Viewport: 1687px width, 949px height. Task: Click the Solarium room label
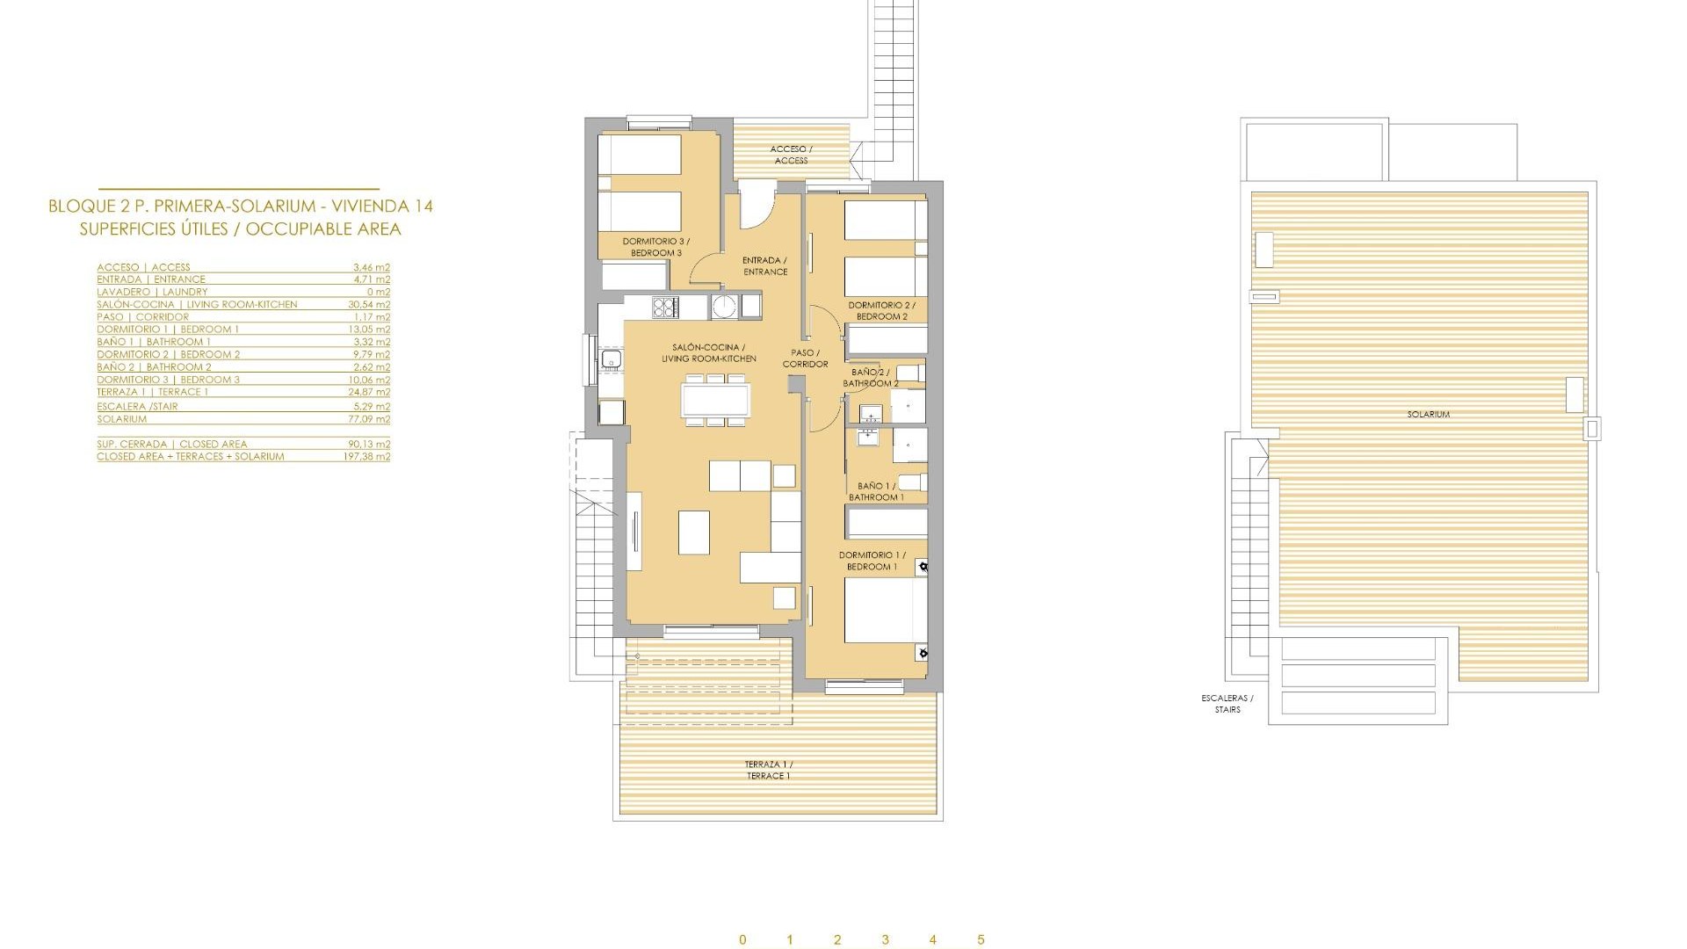coord(1428,414)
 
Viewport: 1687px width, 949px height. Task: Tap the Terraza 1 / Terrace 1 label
coord(769,771)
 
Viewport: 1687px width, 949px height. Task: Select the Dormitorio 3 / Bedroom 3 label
coord(656,247)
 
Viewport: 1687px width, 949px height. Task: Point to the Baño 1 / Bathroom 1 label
coord(876,491)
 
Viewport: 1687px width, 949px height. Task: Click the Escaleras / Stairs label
coord(1227,704)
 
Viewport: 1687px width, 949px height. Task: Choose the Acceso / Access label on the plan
coord(791,155)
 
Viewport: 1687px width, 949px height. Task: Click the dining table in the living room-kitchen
coord(716,401)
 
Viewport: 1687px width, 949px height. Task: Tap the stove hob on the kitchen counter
coord(665,307)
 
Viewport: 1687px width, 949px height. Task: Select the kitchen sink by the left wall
coord(612,359)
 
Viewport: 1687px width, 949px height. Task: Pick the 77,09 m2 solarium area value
coord(369,420)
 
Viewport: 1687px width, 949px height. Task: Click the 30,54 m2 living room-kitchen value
coord(369,305)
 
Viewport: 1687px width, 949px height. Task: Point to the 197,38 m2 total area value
coord(366,457)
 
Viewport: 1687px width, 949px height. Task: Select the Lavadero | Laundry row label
coord(152,293)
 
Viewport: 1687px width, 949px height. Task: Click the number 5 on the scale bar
coord(981,940)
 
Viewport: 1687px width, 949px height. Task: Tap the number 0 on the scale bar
coord(742,940)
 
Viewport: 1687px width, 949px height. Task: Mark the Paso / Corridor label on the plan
coord(805,359)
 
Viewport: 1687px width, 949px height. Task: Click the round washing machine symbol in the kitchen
coord(724,307)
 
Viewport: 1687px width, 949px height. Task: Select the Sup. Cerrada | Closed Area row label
coord(172,445)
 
